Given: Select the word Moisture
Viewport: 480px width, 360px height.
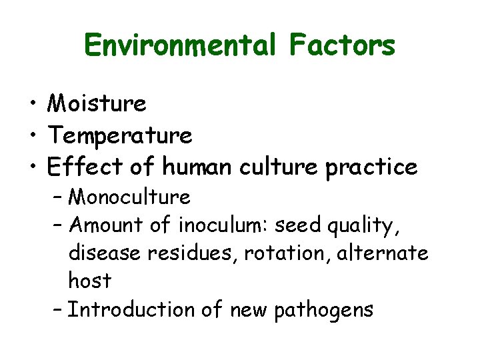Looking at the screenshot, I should point(97,103).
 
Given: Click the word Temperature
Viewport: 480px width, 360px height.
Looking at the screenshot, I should point(120,135).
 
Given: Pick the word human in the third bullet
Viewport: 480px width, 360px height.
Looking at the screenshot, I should point(197,167).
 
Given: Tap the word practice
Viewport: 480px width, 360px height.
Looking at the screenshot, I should point(371,167).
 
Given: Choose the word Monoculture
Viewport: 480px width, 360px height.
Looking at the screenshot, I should point(129,197).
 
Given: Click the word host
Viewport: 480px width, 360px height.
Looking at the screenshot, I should point(89,281).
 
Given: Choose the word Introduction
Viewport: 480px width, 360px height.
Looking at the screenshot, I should point(134,309).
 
